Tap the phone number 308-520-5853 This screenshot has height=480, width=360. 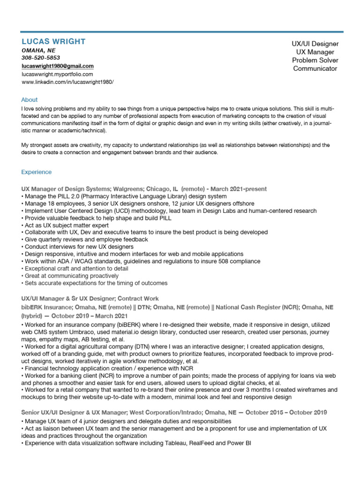(41, 58)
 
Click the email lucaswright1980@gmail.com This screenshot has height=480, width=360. (58, 66)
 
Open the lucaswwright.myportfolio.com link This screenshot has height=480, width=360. (57, 74)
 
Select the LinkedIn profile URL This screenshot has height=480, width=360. (67, 82)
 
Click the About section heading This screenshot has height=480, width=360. (30, 100)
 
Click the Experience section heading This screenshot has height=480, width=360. (37, 172)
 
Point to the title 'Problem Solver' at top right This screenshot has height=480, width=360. (315, 60)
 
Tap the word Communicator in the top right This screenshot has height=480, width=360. (315, 69)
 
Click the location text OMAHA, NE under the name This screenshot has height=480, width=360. (38, 50)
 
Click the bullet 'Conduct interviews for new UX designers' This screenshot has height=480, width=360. (79, 247)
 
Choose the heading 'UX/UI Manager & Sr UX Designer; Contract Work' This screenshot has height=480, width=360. (90, 298)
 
